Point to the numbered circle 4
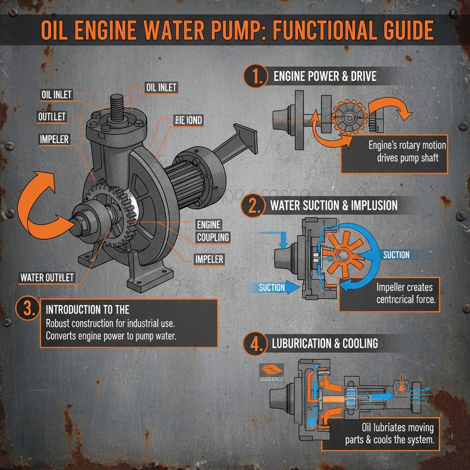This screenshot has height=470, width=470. (x=253, y=344)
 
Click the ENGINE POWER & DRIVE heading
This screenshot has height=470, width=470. (x=325, y=76)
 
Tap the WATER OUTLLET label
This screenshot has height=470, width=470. (x=47, y=277)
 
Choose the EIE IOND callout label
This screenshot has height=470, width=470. (x=188, y=120)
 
